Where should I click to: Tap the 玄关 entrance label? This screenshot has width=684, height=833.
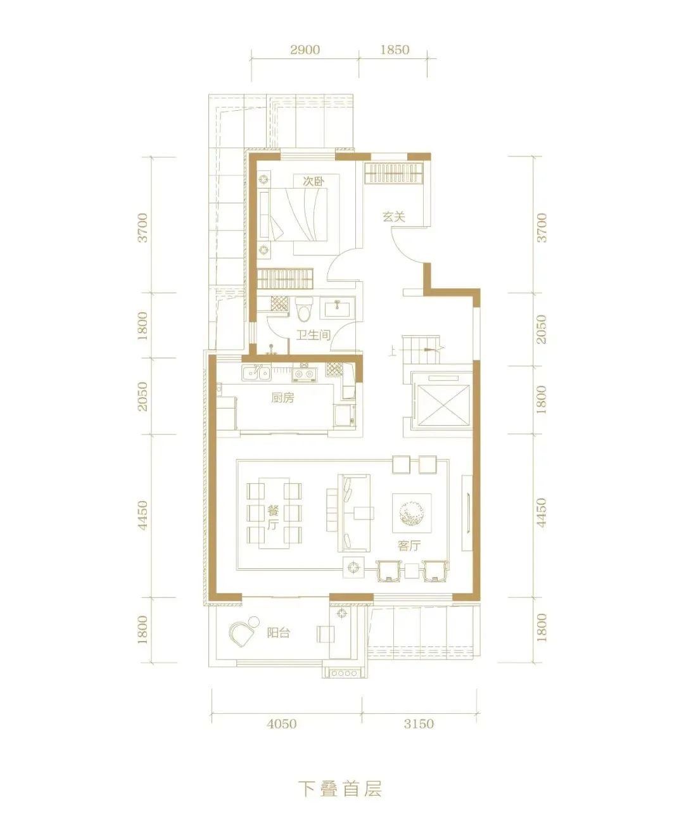point(393,217)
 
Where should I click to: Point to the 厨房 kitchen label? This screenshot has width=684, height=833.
point(282,397)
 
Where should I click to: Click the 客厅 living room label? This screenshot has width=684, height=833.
point(409,546)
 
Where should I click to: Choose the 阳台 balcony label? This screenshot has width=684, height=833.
point(279,633)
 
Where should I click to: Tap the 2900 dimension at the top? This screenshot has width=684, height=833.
point(305,50)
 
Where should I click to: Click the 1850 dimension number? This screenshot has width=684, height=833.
point(395,50)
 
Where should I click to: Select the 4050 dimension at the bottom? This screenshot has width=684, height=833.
point(282,723)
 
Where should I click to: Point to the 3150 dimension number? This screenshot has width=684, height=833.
point(419,723)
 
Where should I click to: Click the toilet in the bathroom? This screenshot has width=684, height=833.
point(304,309)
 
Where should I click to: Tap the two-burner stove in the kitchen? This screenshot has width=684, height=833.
point(304,374)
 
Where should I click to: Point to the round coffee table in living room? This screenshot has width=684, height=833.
point(412,513)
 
